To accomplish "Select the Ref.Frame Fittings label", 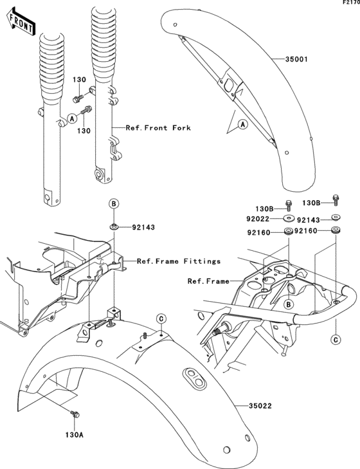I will [179, 261].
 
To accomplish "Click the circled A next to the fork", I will [72, 118].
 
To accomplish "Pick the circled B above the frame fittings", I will [114, 204].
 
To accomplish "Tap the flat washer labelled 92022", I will [288, 218].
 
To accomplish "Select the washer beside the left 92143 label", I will [114, 226].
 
